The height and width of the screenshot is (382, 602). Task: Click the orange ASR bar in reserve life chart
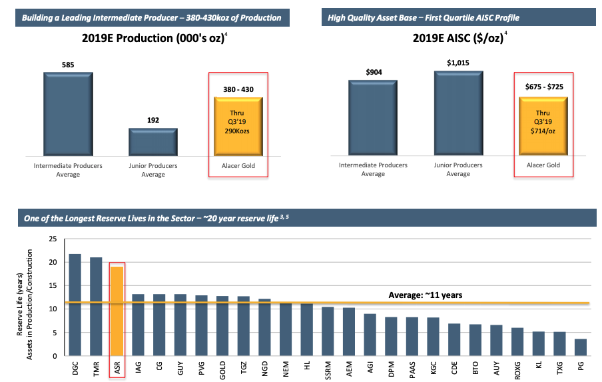pyautogui.click(x=117, y=311)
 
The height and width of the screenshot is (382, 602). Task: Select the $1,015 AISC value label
pyautogui.click(x=457, y=63)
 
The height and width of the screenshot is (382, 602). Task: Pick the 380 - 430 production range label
pyautogui.click(x=238, y=89)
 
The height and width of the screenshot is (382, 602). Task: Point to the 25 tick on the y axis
pyautogui.click(x=53, y=239)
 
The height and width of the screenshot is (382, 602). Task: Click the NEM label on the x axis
pyautogui.click(x=286, y=369)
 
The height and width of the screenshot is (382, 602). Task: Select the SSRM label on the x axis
pyautogui.click(x=328, y=370)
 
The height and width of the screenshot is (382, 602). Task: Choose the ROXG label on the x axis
pyautogui.click(x=519, y=370)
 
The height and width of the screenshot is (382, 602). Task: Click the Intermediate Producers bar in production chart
pyautogui.click(x=68, y=114)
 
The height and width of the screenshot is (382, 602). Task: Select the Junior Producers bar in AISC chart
pyautogui.click(x=458, y=113)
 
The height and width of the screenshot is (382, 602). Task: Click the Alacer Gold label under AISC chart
pyautogui.click(x=542, y=165)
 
